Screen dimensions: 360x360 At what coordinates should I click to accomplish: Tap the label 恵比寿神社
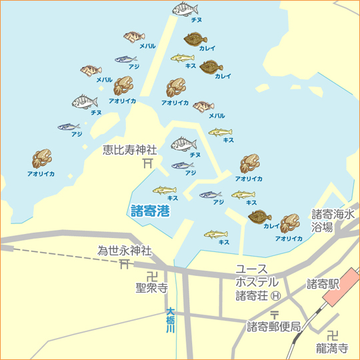point(130,150)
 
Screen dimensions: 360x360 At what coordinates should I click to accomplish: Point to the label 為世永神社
point(125,251)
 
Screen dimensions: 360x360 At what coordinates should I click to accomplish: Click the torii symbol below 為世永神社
point(125,265)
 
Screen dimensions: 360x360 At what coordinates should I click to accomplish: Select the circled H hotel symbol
point(275,295)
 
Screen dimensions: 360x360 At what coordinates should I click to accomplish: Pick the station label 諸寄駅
point(323,284)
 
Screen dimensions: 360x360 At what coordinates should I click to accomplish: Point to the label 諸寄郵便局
point(274,327)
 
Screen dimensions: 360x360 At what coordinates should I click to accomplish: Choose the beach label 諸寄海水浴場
point(332,221)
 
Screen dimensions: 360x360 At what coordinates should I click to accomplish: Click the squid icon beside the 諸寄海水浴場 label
point(289,223)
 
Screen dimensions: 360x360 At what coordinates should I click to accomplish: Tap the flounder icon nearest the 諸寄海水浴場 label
point(260,216)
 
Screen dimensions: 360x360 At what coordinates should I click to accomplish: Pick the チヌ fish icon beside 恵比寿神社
point(183,143)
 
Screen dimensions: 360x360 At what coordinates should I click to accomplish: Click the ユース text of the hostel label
point(251,268)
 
